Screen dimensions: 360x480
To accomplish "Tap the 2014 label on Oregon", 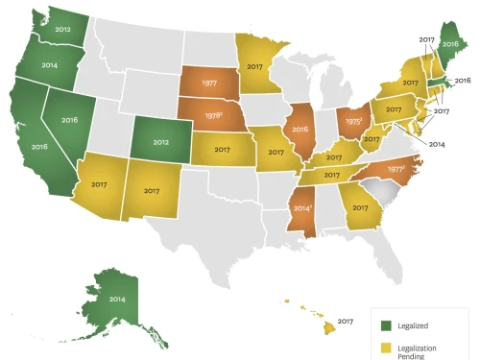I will pos(40,67).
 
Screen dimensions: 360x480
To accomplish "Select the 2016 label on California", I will pos(40,147).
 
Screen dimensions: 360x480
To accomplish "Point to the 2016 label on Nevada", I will pos(71,122).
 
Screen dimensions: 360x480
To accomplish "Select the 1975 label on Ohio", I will pos(354,123).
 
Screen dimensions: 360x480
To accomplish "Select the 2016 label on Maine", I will pos(449,44).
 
